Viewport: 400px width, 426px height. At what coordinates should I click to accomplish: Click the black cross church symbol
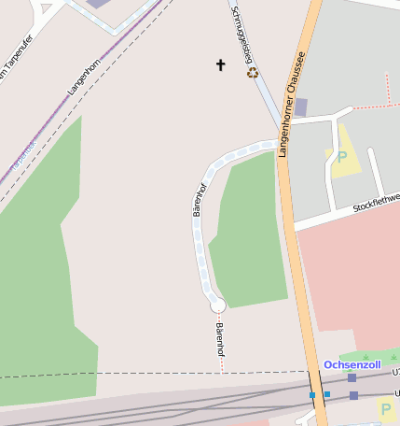[x=221, y=64]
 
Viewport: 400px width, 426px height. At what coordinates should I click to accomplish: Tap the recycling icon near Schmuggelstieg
[x=252, y=72]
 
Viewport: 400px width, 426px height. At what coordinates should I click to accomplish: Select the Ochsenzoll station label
[x=352, y=364]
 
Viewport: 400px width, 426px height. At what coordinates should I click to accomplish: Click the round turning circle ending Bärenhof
[x=218, y=305]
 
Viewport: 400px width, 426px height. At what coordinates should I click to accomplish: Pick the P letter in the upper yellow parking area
[x=341, y=157]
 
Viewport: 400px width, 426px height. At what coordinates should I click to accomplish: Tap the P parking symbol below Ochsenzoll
[x=386, y=408]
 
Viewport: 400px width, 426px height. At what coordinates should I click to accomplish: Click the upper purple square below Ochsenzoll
[x=352, y=378]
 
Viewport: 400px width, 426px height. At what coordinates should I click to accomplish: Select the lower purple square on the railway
[x=353, y=395]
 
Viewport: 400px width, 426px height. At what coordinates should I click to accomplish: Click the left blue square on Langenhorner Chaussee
[x=313, y=395]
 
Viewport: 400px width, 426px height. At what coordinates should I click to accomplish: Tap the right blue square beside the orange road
[x=326, y=394]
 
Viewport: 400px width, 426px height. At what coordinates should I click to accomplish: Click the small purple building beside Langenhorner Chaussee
[x=300, y=106]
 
